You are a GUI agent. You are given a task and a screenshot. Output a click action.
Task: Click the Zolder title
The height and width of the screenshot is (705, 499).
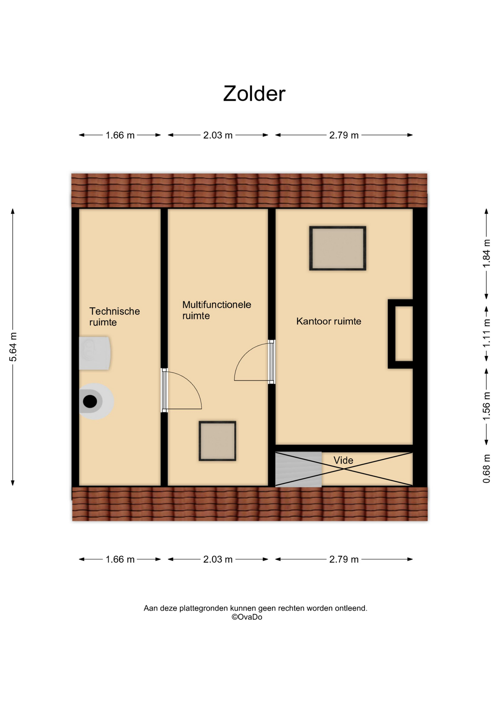254,94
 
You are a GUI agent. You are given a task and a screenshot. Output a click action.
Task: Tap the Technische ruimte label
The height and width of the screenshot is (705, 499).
115,317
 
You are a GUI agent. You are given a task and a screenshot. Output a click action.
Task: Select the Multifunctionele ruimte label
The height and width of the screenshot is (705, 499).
217,310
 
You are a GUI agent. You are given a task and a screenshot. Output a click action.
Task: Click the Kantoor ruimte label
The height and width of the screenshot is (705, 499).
329,321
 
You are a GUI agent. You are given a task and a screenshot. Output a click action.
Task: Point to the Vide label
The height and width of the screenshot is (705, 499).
343,460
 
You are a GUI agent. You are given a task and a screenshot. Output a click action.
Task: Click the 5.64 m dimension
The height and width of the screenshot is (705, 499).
13,347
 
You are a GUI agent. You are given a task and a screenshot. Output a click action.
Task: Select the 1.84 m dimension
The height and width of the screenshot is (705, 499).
487,254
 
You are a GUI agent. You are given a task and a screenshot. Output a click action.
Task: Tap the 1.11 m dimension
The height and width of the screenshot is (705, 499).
487,333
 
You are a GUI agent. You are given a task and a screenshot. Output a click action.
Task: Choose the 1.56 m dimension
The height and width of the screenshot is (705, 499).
487,406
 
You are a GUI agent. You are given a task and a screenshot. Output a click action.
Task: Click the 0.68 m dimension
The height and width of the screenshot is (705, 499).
487,469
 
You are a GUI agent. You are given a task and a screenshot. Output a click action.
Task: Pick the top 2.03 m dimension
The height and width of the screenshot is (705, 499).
218,135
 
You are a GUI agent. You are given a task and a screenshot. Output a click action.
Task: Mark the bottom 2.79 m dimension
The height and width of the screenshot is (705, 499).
344,559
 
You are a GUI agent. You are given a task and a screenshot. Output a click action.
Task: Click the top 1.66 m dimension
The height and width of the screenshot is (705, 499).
120,135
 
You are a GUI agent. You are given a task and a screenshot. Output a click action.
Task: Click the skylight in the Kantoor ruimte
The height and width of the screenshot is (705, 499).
338,248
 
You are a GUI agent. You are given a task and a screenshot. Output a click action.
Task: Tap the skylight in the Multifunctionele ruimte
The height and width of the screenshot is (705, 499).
218,441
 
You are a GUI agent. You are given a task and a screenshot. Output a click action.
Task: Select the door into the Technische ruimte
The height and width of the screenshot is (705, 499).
182,390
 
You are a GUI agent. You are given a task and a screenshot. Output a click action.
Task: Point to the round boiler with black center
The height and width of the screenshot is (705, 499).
95,401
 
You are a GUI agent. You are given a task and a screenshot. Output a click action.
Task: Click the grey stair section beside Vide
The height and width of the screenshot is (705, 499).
298,469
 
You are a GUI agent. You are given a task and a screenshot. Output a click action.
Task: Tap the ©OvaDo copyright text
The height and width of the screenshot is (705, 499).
247,617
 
